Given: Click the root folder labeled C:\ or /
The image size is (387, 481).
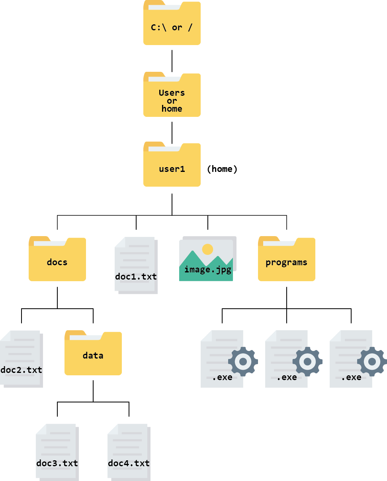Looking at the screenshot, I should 172,24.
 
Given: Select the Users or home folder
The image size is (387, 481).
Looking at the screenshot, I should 172,96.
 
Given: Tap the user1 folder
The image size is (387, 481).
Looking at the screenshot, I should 172,166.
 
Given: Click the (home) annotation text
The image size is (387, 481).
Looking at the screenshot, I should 222,169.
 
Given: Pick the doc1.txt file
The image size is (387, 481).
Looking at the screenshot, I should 136,265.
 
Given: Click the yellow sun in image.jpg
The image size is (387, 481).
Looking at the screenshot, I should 207,249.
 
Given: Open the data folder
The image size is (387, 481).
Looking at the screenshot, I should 93,353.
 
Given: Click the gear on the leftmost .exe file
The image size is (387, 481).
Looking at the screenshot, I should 243,361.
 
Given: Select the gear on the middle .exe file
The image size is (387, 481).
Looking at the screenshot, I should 307,361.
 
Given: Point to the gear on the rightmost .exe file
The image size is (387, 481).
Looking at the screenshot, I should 372,361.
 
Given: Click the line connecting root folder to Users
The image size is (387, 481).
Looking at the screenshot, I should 172,61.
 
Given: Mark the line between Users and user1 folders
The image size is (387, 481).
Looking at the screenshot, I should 172,132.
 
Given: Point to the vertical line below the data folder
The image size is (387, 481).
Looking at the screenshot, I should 93,391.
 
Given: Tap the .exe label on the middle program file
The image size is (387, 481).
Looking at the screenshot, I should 287,377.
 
